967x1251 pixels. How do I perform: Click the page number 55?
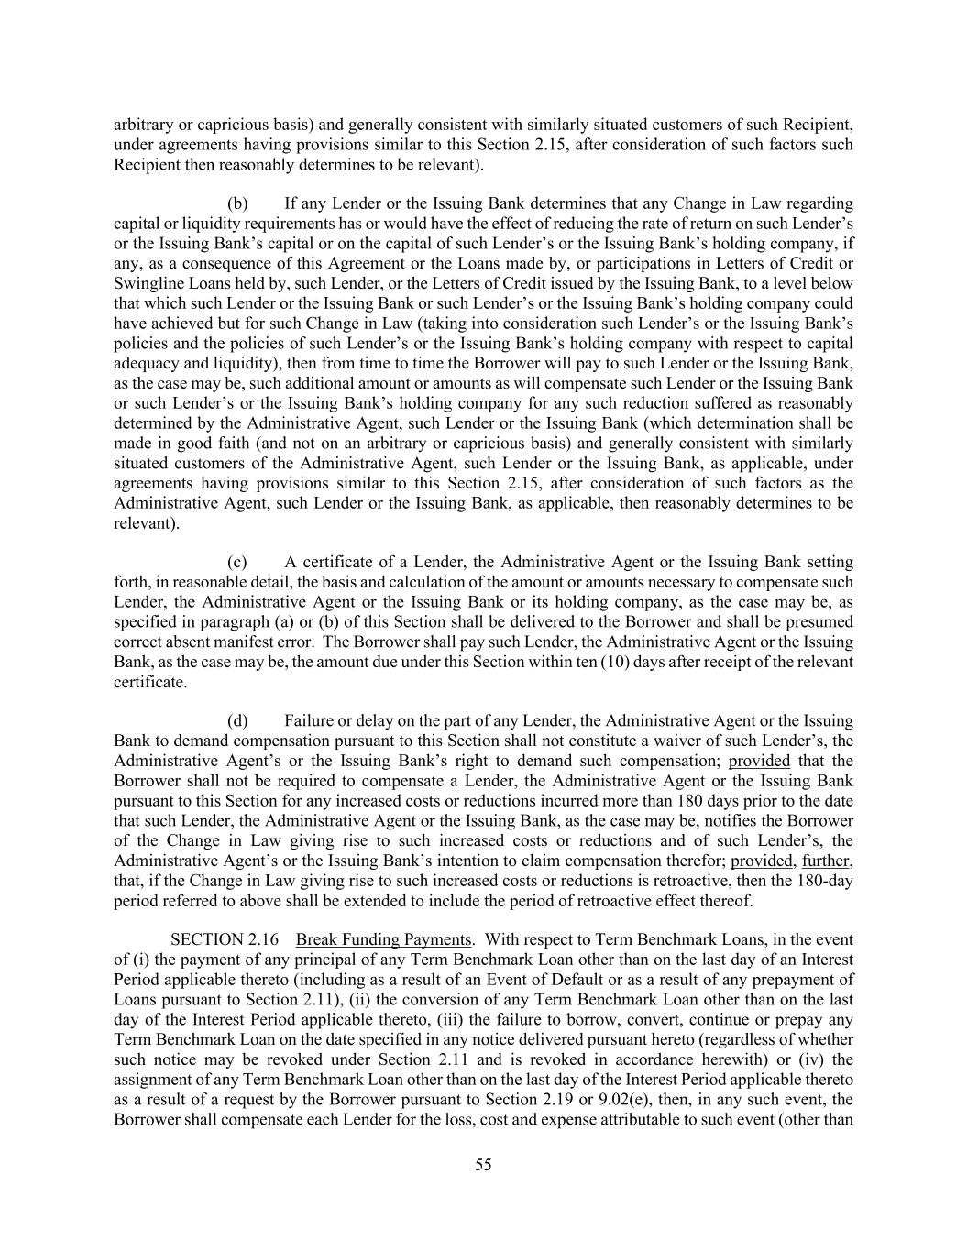click(483, 1165)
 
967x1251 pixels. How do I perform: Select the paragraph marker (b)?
click(237, 203)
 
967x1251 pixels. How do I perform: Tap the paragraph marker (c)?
click(237, 562)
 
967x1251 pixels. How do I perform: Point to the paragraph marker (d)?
click(237, 721)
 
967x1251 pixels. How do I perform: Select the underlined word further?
click(826, 861)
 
